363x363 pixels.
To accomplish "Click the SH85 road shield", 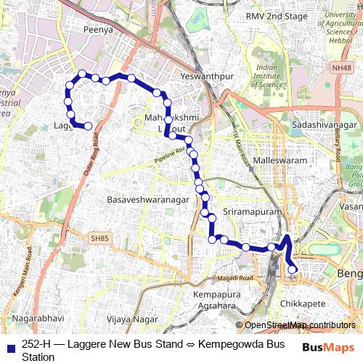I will coord(99,237).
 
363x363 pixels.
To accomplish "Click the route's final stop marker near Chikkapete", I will coord(293,270).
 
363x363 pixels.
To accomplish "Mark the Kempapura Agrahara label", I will coord(217,300).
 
